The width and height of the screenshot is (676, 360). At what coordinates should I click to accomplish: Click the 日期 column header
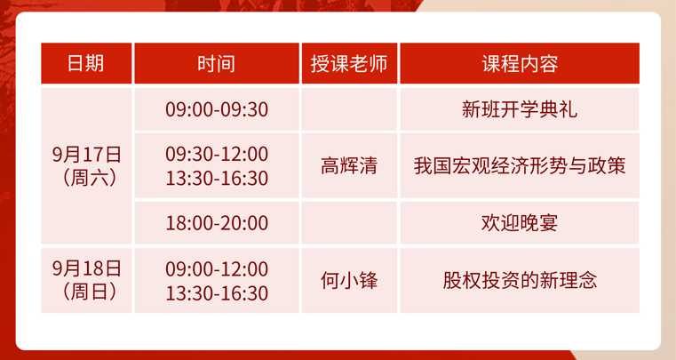[x=86, y=63]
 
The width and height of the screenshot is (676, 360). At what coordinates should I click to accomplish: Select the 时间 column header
[x=217, y=63]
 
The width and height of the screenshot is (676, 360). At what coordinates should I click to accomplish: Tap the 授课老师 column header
[x=349, y=63]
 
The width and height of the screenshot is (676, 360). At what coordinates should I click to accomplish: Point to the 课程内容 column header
[x=520, y=63]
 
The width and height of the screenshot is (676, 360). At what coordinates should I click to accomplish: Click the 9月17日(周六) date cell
[x=86, y=166]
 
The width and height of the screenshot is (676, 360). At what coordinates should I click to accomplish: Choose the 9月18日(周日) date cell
[x=86, y=280]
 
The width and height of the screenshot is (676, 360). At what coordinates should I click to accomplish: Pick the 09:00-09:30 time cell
[x=217, y=109]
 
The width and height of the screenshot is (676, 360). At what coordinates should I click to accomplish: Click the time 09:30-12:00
[x=217, y=154]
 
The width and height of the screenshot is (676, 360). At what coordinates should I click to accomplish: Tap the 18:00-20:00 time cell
[x=217, y=223]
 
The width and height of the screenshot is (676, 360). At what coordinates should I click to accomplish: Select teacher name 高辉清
[x=349, y=165]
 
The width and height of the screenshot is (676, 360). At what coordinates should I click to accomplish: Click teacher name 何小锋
[x=349, y=280]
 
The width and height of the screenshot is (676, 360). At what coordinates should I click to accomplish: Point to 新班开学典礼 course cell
[x=520, y=109]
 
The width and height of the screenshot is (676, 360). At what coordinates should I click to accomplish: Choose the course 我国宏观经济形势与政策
[x=520, y=165]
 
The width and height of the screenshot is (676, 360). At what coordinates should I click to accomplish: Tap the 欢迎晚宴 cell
[x=520, y=223]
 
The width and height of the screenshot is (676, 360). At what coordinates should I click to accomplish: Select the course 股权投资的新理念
[x=520, y=280]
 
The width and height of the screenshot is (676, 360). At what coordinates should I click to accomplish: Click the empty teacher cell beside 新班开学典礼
[x=349, y=109]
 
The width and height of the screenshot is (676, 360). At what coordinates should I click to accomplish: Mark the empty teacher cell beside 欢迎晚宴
[x=349, y=223]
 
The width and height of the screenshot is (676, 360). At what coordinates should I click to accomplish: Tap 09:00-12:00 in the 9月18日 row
[x=217, y=269]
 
